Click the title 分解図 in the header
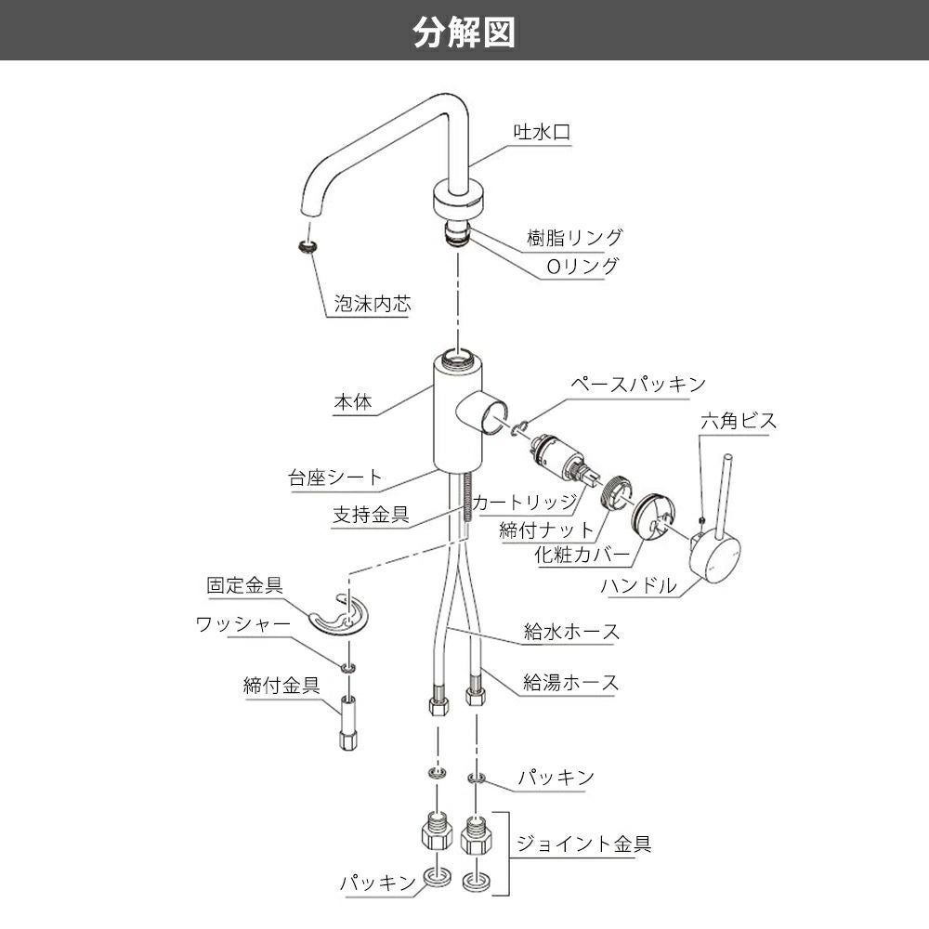click(464, 31)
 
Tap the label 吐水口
click(543, 133)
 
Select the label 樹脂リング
click(582, 238)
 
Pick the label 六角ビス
click(738, 421)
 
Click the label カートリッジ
click(525, 503)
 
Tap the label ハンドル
click(638, 585)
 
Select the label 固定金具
click(244, 586)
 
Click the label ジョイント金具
click(582, 844)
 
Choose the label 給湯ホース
click(570, 683)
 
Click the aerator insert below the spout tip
click(308, 246)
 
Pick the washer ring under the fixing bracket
click(348, 668)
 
